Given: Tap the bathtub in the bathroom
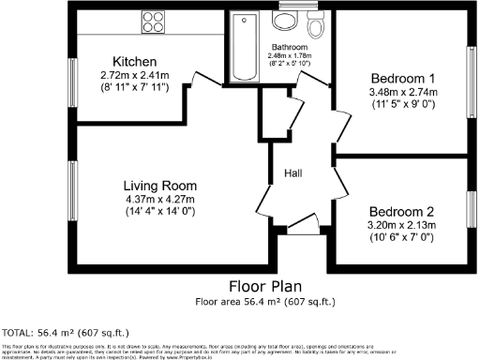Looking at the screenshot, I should pos(239,46).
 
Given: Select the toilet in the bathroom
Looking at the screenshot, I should pos(316,27).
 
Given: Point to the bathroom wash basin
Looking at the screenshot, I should pos(282,22).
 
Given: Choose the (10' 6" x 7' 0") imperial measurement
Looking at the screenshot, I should pos(401,237).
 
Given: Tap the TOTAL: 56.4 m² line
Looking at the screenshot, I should pos(66,333).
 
